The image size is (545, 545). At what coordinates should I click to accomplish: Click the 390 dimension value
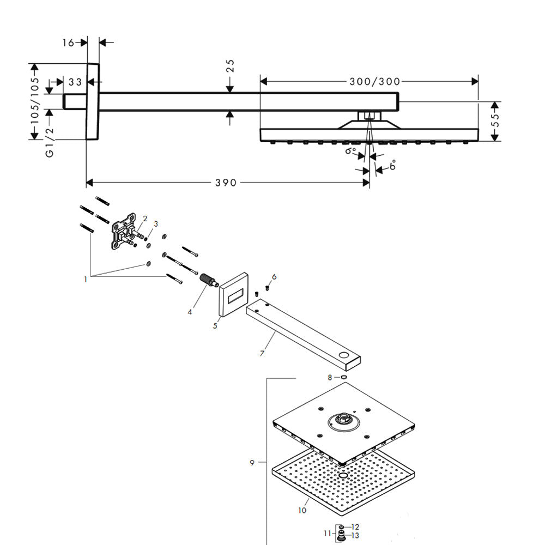point(226,183)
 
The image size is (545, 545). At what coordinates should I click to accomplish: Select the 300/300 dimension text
point(375,82)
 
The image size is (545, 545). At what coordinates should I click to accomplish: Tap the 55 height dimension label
point(495,120)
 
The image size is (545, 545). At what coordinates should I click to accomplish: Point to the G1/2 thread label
point(50,142)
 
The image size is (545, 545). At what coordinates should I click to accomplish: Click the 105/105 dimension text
point(35,100)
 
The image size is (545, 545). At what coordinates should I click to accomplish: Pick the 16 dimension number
point(68,43)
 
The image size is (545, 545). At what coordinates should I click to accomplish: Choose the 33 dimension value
point(75,82)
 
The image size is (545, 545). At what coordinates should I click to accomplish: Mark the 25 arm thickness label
point(230,66)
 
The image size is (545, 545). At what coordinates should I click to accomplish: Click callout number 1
point(85,279)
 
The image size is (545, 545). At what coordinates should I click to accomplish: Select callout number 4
point(190,312)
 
